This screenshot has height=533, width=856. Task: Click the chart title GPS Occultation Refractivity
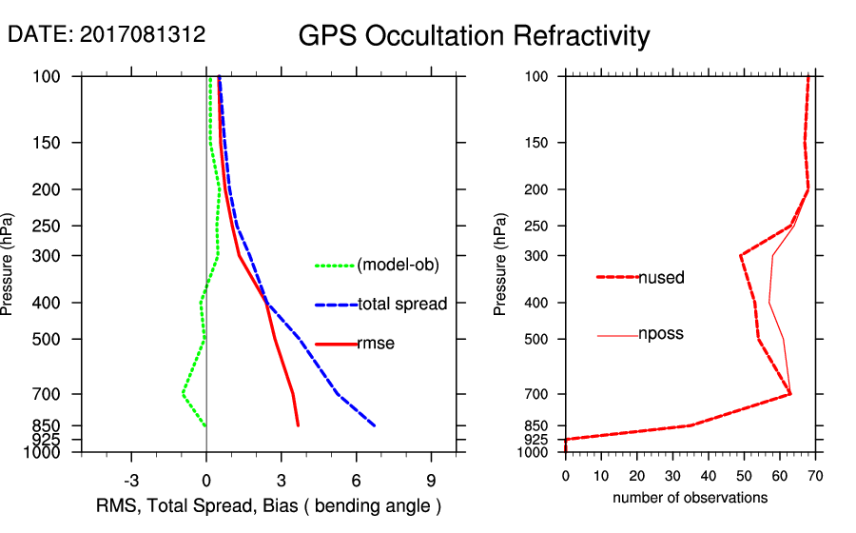(x=474, y=36)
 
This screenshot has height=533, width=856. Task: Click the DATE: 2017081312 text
(x=107, y=35)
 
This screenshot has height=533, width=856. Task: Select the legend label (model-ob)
(x=398, y=266)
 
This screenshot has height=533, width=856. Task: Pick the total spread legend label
(x=402, y=305)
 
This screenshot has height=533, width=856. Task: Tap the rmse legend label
(x=376, y=344)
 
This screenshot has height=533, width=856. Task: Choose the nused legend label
(x=661, y=278)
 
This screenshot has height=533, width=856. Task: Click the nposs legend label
(x=661, y=334)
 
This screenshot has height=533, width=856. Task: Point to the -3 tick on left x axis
(x=131, y=479)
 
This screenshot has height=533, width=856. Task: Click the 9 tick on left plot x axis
(x=431, y=479)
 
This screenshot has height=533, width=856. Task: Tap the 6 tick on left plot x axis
(x=356, y=479)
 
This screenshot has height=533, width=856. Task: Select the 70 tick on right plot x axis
(x=815, y=474)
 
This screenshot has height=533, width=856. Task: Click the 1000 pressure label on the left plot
(x=48, y=452)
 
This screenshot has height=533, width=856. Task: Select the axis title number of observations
(x=690, y=498)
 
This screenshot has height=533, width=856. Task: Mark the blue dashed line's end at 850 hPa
(x=374, y=425)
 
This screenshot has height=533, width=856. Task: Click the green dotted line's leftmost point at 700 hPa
(x=183, y=392)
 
